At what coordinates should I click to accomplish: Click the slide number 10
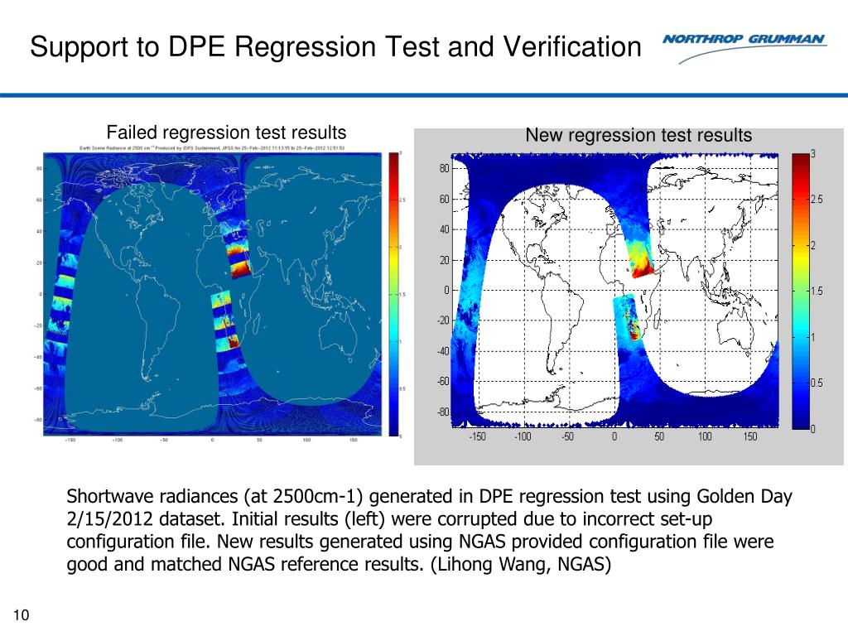[22, 614]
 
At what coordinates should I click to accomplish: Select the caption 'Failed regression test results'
[225, 132]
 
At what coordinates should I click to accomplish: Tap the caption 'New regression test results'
[638, 135]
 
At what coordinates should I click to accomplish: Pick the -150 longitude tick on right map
[477, 436]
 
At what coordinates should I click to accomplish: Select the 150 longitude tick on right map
[749, 436]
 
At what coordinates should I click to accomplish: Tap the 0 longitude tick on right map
[614, 436]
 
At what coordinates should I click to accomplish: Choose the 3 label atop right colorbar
[814, 154]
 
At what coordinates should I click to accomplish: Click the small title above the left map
[212, 148]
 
